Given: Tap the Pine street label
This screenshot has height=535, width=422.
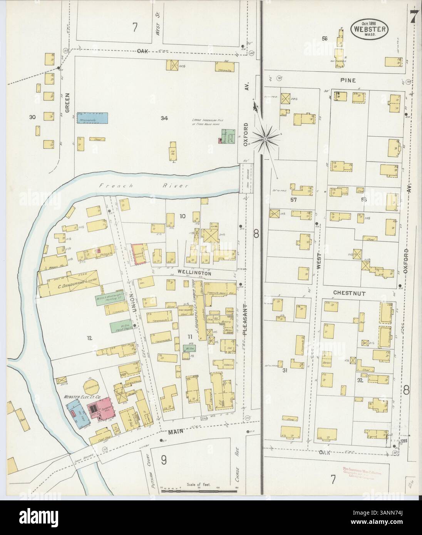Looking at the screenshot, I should click(348, 80).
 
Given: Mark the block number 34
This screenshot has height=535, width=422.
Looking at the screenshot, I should click(165, 118).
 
